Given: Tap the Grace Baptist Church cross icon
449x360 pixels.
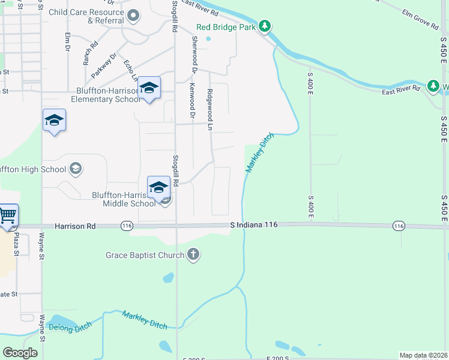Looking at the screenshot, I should pos(193,255).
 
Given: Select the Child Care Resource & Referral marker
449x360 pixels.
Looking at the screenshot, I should pos(133,16).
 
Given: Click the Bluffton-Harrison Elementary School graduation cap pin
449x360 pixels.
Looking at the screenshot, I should pos(149,89).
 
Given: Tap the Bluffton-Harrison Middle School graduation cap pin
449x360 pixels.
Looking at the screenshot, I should pos(158,187).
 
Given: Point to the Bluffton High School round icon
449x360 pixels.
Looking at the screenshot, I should pos(75,169).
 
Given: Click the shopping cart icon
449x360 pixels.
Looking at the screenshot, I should pos(8,215).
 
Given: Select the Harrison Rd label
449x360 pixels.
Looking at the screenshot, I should pos(75,227).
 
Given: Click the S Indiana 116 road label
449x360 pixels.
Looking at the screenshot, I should pos(255,224).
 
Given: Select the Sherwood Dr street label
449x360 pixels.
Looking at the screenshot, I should pos(194,54).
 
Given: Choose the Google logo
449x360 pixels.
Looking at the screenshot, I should pos(20,353).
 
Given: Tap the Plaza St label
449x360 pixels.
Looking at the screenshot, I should pos(17,244).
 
